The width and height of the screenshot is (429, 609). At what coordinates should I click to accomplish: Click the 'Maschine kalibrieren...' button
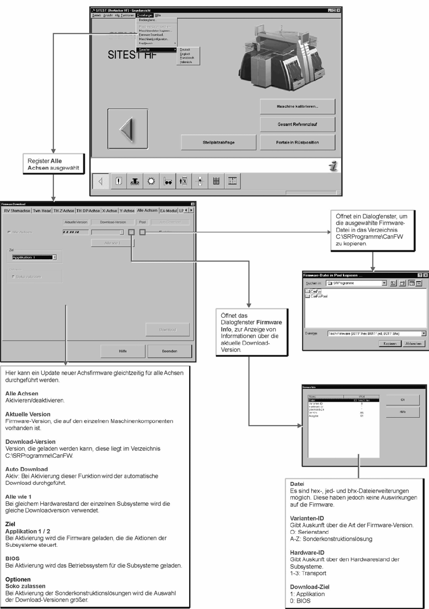click(297, 106)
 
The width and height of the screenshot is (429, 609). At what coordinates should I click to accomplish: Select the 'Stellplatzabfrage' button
click(219, 142)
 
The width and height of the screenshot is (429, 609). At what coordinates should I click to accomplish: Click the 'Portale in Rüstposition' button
click(297, 142)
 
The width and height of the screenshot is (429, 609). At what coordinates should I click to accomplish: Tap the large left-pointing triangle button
click(127, 129)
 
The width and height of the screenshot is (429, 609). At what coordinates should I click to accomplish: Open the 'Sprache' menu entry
click(145, 50)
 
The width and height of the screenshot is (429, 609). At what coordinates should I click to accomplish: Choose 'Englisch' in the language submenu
click(185, 53)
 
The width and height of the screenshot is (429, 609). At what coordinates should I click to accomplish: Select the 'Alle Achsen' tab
click(147, 210)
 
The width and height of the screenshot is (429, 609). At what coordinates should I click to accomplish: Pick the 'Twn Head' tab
click(42, 210)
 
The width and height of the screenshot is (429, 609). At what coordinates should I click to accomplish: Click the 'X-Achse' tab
click(110, 210)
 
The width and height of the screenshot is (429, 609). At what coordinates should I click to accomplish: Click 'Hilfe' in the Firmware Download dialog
click(123, 351)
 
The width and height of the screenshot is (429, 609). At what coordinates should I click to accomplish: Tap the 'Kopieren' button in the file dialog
click(390, 343)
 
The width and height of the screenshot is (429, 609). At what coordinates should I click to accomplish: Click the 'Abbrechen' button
click(413, 343)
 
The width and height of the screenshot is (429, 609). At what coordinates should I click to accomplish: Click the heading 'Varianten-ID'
click(307, 518)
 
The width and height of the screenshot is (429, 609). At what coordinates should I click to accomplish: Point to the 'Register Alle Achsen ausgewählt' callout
click(52, 164)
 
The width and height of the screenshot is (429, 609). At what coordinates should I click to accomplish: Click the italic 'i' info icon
click(332, 166)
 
